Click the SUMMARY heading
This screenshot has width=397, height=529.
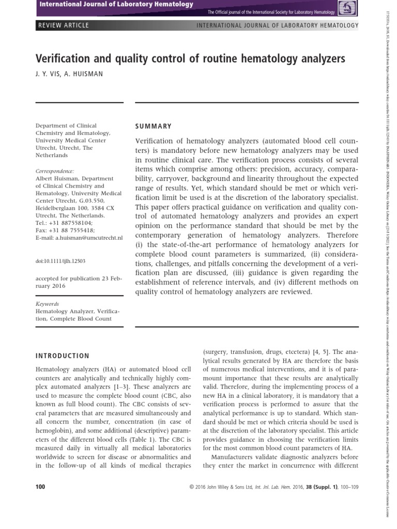coord(153,126)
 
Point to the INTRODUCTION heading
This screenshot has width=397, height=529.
coord(62,356)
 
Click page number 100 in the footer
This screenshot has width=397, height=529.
coord(40,487)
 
